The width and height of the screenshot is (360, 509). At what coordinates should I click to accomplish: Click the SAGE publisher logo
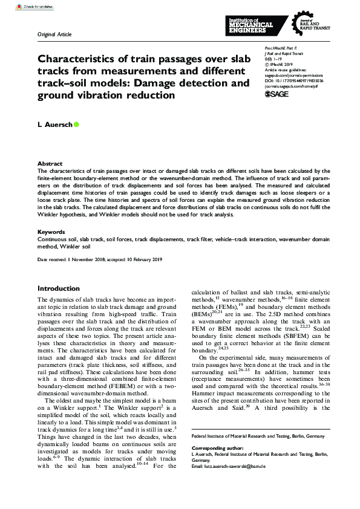coord(278,95)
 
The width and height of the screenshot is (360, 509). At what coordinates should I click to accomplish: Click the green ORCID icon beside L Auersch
coord(76,125)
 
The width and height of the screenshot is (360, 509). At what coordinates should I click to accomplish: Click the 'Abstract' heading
coord(50,164)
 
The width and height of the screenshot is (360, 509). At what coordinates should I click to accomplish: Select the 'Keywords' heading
coord(51,232)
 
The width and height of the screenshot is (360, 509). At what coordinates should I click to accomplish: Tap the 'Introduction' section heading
coord(59,288)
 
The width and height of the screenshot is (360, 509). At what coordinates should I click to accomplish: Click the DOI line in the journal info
coord(294,80)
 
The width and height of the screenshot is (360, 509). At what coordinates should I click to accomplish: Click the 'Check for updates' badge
coord(22,8)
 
